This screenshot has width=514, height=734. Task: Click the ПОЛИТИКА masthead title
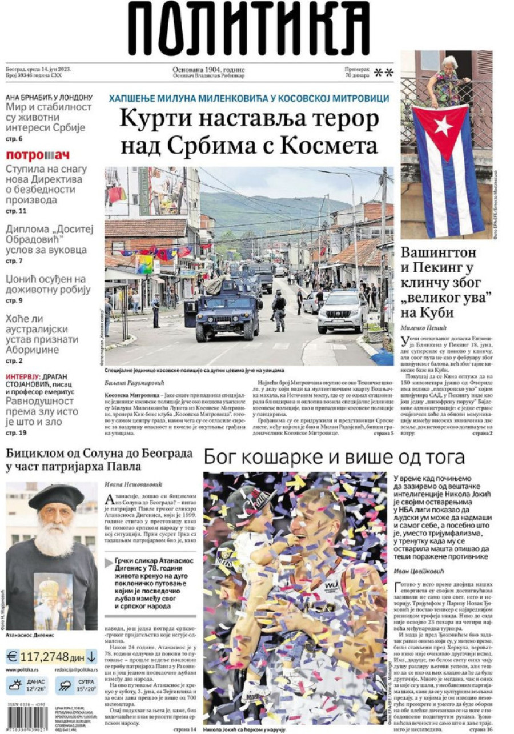pos(249,29)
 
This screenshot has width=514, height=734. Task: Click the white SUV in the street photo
pos(342,312)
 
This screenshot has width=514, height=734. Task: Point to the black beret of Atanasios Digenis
pos(56,496)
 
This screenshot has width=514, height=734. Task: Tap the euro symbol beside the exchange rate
pos(12,656)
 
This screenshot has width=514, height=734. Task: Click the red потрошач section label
pos(38,155)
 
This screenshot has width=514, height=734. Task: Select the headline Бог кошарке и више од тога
pos(334,457)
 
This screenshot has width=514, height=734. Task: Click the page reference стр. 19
pos(16,433)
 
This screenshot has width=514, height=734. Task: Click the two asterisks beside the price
pos(383,73)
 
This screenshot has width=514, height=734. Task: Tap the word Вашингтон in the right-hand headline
pos(439,253)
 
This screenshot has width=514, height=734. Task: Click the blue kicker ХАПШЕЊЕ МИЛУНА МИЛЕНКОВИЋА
pos(249,98)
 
